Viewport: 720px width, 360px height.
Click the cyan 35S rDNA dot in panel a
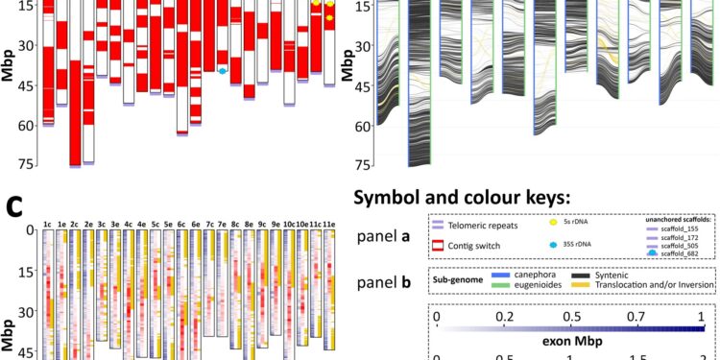pyautogui.click(x=223, y=71)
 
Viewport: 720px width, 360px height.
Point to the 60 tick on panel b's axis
pyautogui.click(x=363, y=125)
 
